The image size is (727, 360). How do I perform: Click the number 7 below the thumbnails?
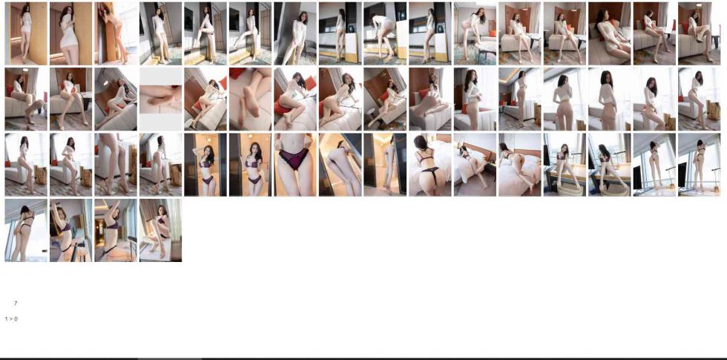coord(16,304)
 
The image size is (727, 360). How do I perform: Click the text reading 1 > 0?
coord(11,318)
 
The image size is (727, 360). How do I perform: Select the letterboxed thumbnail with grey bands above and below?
coord(160,99)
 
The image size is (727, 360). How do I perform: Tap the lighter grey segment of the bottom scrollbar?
coord(170,359)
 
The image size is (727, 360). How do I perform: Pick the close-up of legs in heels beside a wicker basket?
coord(116,165)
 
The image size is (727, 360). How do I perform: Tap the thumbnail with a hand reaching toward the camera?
coord(430,99)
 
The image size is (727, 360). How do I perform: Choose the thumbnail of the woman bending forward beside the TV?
coord(385,33)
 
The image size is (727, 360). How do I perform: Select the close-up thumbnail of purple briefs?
coord(295,165)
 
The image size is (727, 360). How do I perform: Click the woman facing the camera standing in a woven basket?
coord(565,165)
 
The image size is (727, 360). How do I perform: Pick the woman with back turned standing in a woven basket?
coord(609,165)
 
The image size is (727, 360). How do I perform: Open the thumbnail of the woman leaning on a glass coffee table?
coord(475,33)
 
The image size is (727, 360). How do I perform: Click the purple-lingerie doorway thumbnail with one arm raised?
coord(205,165)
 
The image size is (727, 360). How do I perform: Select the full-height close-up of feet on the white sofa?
coord(251,99)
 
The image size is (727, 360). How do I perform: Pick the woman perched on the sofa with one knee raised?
coord(699,33)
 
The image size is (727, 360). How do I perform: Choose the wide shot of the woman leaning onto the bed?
coord(475,165)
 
